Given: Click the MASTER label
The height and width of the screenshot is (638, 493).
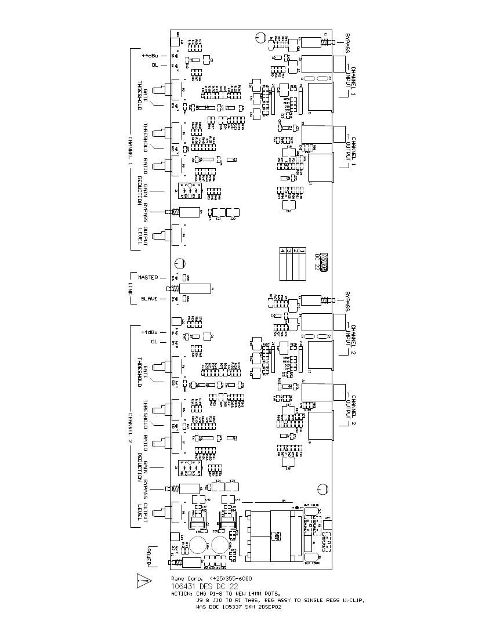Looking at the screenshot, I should coord(147,277).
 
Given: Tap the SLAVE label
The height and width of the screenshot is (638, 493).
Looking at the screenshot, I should coord(150,299).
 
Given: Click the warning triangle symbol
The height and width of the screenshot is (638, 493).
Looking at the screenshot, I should coord(144,580).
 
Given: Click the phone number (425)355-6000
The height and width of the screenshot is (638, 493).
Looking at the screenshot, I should coord(231,579).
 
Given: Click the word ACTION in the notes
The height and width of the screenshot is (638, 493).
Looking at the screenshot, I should coord(183,594).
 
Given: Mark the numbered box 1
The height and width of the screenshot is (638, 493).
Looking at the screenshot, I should coord(303,251).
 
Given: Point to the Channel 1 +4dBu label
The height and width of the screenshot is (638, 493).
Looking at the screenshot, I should coord(150,56).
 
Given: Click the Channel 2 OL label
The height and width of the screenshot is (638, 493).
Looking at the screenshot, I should coord(155,342).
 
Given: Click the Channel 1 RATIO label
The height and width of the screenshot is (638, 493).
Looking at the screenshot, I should coord(146,165).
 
